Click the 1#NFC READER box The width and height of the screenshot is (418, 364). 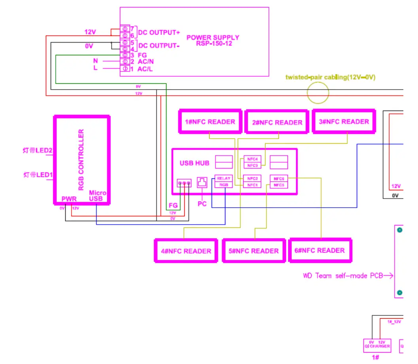tap(210, 122)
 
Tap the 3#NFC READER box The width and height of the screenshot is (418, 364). tap(343, 122)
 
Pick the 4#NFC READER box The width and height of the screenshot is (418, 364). tap(185, 251)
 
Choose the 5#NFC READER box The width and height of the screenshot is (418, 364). tap(253, 251)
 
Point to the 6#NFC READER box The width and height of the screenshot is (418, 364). tap(320, 250)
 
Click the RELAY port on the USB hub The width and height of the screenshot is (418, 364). tap(223, 178)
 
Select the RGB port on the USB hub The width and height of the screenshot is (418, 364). tap(223, 184)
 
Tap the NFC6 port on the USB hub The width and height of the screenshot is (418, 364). tap(279, 178)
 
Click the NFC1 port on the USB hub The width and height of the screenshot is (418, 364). tap(252, 185)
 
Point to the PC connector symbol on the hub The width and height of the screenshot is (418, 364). tap(202, 182)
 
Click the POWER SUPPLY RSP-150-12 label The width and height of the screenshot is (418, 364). tap(213, 40)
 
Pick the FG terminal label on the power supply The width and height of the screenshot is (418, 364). tap(142, 55)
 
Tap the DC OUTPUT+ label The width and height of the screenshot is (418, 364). tap(159, 32)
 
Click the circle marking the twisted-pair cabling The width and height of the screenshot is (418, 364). tap(318, 94)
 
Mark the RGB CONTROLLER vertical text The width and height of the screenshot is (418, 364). tap(81, 159)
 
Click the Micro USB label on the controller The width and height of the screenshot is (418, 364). tap(97, 195)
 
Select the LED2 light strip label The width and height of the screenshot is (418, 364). tap(38, 150)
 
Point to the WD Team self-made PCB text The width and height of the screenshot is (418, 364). tap(343, 276)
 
